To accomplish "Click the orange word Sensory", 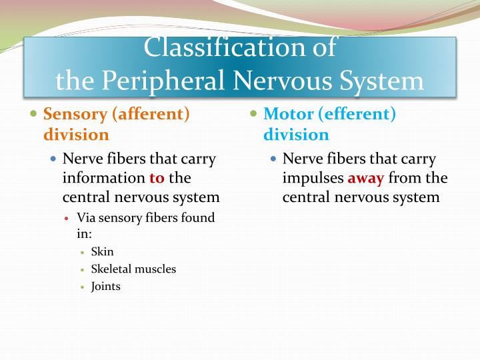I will pyautogui.click(x=75, y=114).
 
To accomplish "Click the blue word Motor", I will pyautogui.click(x=288, y=114).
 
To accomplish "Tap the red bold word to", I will pyautogui.click(x=157, y=178).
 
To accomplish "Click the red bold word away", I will pyautogui.click(x=365, y=178).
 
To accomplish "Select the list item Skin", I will pyautogui.click(x=103, y=251).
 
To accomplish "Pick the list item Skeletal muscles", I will pyautogui.click(x=133, y=269).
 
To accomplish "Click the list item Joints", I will pyautogui.click(x=106, y=287).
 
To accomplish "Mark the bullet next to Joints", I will pyautogui.click(x=82, y=287).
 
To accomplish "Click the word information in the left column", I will pyautogui.click(x=104, y=178).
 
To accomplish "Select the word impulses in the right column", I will pyautogui.click(x=313, y=178).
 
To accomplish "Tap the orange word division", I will pyautogui.click(x=76, y=134).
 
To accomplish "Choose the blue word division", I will pyautogui.click(x=296, y=134).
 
